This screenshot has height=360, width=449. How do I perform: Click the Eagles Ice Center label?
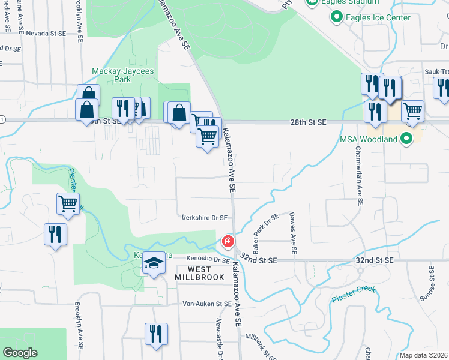click(x=378, y=17)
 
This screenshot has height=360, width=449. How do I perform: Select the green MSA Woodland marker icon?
click(x=406, y=139)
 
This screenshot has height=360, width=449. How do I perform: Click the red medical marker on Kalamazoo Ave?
click(x=228, y=242)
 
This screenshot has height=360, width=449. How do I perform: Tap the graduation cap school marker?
click(x=154, y=263)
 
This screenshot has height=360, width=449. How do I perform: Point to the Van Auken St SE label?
click(x=206, y=304)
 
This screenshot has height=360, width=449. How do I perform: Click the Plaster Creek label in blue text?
click(x=354, y=293)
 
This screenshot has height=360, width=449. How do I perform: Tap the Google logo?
click(x=20, y=353)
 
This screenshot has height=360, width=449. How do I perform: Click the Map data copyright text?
click(x=424, y=355)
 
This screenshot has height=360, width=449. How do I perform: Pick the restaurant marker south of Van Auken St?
click(x=156, y=335)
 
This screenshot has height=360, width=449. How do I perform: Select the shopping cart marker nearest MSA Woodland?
click(x=412, y=111)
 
